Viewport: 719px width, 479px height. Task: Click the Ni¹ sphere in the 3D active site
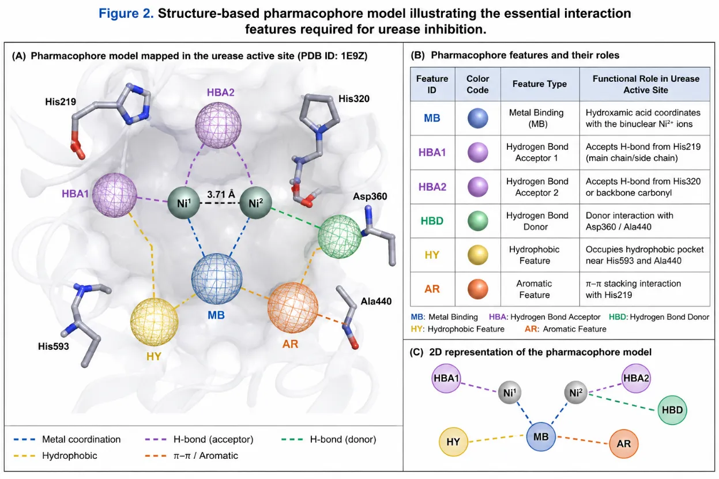(183, 203)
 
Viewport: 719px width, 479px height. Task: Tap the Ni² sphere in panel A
(256, 203)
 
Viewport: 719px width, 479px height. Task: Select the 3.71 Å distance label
(221, 194)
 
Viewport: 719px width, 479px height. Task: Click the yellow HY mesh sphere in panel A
(154, 322)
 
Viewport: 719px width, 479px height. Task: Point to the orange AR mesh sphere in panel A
(293, 307)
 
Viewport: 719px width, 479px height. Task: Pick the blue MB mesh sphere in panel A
(217, 278)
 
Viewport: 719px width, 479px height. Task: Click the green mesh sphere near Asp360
(340, 236)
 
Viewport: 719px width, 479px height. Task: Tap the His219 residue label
(61, 101)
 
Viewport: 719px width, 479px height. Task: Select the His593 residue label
(53, 346)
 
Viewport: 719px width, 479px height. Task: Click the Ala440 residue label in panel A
(376, 301)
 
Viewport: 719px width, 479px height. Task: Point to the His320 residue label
(353, 99)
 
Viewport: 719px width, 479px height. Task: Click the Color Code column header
(477, 84)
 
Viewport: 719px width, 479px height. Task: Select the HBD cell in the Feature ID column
(432, 221)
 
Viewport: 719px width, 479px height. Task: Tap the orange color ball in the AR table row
(477, 289)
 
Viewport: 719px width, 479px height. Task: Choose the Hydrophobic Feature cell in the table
(534, 255)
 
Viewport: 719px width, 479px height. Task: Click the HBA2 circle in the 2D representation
(636, 378)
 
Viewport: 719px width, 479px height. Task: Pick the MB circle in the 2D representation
(541, 437)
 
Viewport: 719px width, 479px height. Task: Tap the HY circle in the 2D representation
(453, 442)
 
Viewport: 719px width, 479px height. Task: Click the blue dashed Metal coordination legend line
(24, 440)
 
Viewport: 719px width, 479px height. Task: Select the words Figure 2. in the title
(126, 13)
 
